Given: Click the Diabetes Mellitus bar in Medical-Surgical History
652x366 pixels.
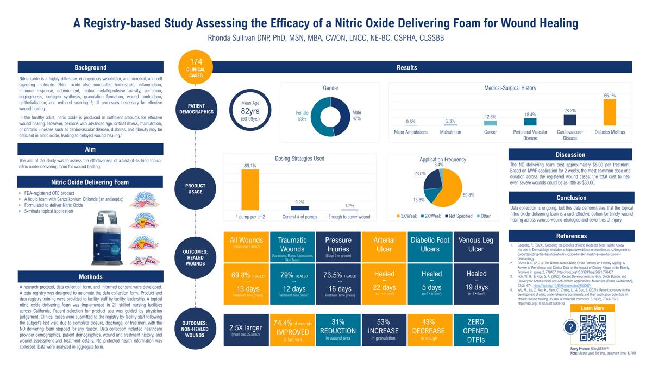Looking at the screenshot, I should pos(610,112).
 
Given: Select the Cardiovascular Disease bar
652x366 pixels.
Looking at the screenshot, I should pos(570,120).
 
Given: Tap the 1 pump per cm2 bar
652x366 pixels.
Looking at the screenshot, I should pos(250,190).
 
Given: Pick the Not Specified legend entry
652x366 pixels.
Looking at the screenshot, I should pos(460,216).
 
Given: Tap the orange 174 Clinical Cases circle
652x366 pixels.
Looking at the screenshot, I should pos(196,67).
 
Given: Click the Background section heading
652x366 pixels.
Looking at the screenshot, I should pos(90,68).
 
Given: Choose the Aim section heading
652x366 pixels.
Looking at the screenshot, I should pos(90,149).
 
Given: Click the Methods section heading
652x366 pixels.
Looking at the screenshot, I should pos(90,277).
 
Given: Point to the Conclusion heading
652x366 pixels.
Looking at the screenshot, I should pos(571,198).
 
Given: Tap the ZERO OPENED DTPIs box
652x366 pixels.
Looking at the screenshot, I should pos(476,330).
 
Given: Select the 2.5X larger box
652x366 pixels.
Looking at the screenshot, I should pos(246,330).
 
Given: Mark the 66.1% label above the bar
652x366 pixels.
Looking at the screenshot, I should pos(610,96).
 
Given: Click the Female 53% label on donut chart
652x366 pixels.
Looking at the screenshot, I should pos(302,115).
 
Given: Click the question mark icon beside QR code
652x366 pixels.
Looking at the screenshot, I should pos(569,327).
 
